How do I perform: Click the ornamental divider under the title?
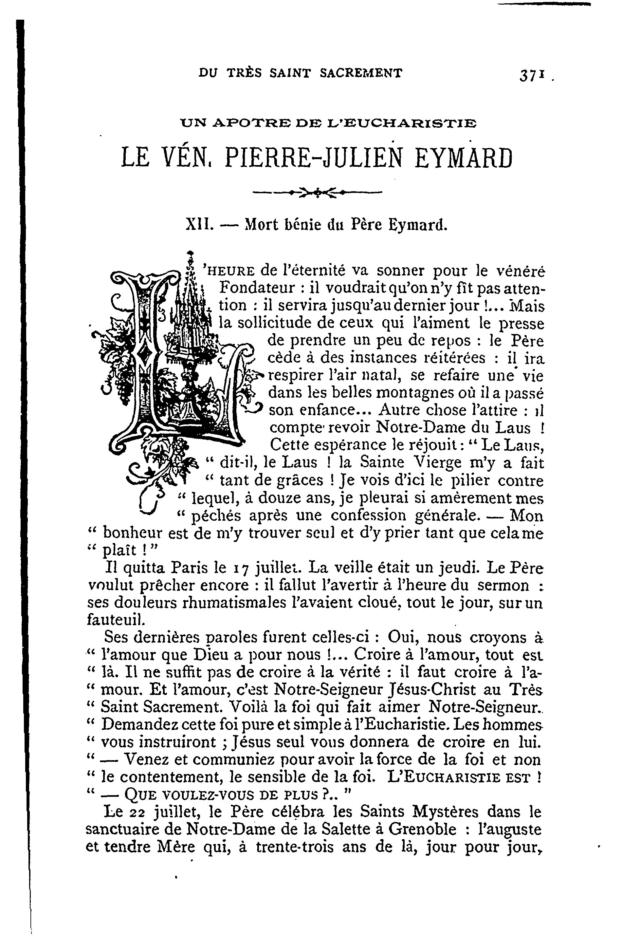pos(317,193)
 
